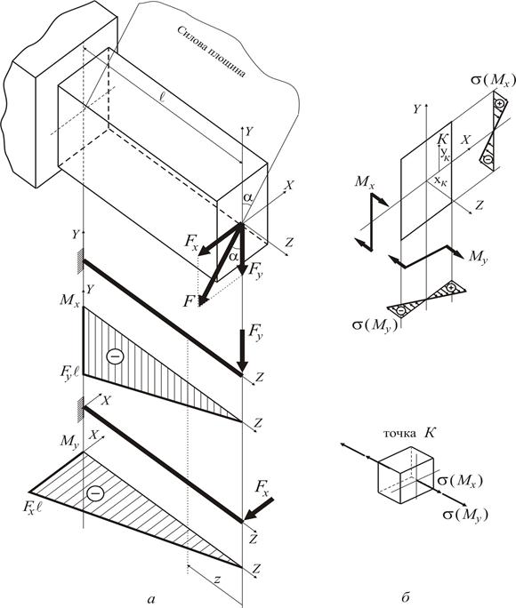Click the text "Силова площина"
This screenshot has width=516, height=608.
212,52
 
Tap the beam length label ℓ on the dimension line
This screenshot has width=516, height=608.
162,97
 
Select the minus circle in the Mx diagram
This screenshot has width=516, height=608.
116,356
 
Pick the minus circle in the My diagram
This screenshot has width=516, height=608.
95,493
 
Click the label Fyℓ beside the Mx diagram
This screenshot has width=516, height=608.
69,372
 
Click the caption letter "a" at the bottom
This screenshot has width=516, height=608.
151,599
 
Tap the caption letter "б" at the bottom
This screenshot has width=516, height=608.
406,597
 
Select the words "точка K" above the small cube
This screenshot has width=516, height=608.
409,433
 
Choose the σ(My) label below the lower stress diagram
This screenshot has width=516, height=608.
375,325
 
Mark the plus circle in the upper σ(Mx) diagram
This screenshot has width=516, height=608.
499,103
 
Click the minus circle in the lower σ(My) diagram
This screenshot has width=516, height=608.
401,310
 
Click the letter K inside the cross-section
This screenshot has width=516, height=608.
442,140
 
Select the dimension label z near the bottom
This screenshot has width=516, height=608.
217,580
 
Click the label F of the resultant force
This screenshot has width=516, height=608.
189,301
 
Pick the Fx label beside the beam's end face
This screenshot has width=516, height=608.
193,242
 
